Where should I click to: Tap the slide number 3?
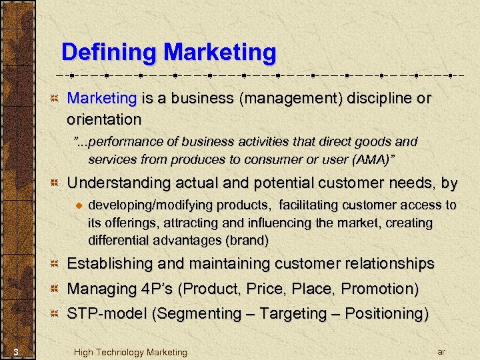tap(22, 352)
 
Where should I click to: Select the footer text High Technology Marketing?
tap(131, 352)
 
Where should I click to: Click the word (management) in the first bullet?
tap(291, 99)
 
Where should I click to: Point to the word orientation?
tap(104, 120)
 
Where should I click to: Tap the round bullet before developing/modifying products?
tap(78, 205)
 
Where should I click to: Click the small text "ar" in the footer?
tap(441, 351)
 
